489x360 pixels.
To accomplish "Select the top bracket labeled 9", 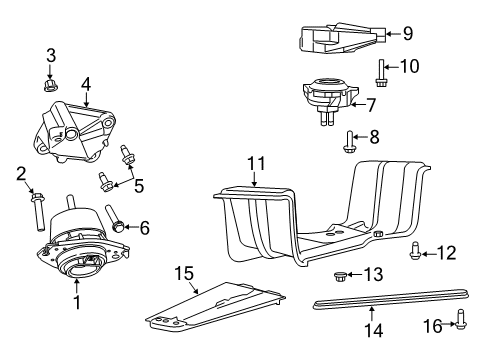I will coord(337,41).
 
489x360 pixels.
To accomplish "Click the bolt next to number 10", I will coord(384,74).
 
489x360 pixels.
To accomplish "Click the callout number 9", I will coord(407,34).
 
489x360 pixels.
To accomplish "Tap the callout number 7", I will coord(399,103).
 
